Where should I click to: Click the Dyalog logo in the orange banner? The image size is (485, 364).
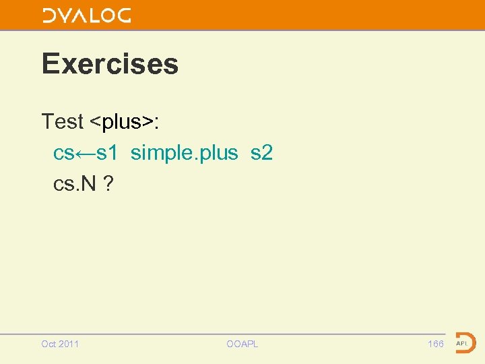click(x=86, y=15)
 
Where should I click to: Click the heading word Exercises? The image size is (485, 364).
click(x=110, y=64)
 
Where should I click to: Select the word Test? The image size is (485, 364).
click(x=63, y=122)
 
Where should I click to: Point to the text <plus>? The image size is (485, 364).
click(x=125, y=122)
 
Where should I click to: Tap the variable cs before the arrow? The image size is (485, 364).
click(x=63, y=154)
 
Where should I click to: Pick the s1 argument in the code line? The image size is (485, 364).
click(x=107, y=154)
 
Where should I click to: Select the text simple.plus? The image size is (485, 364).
click(x=184, y=154)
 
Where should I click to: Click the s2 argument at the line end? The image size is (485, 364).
click(x=261, y=154)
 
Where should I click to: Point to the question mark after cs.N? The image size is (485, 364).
click(x=108, y=184)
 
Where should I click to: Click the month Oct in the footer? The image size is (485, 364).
click(x=48, y=344)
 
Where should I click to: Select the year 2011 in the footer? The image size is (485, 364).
click(x=69, y=344)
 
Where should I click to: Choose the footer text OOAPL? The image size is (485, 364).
click(x=242, y=344)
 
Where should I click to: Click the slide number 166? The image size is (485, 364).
click(x=436, y=344)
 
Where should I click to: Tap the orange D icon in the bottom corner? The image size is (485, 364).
click(x=465, y=343)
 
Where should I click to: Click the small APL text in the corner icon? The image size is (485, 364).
click(x=462, y=344)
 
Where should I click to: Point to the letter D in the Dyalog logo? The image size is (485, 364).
click(x=49, y=15)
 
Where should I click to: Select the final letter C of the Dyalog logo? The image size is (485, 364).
click(x=123, y=15)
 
